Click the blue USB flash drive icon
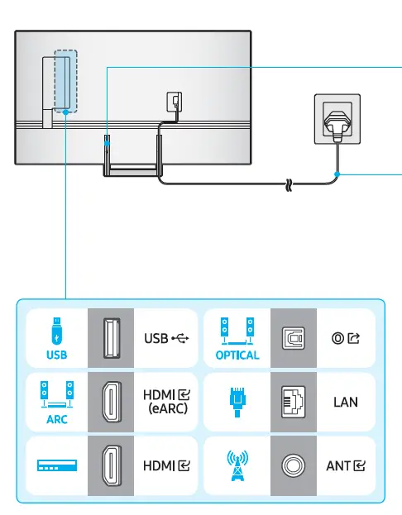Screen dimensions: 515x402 [x=55, y=332]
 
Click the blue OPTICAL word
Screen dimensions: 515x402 [x=237, y=355]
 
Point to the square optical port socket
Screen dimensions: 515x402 [x=294, y=338]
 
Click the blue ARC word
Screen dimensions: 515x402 [x=55, y=418]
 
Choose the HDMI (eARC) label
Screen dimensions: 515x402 [x=166, y=401]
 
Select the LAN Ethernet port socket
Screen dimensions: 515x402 [x=294, y=401]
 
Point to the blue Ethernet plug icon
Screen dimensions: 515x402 [x=237, y=400]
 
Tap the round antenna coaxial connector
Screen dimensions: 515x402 [x=294, y=465]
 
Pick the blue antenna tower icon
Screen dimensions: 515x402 [x=237, y=465]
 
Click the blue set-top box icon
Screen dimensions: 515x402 [x=55, y=465]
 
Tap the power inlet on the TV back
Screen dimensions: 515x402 [x=174, y=102]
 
